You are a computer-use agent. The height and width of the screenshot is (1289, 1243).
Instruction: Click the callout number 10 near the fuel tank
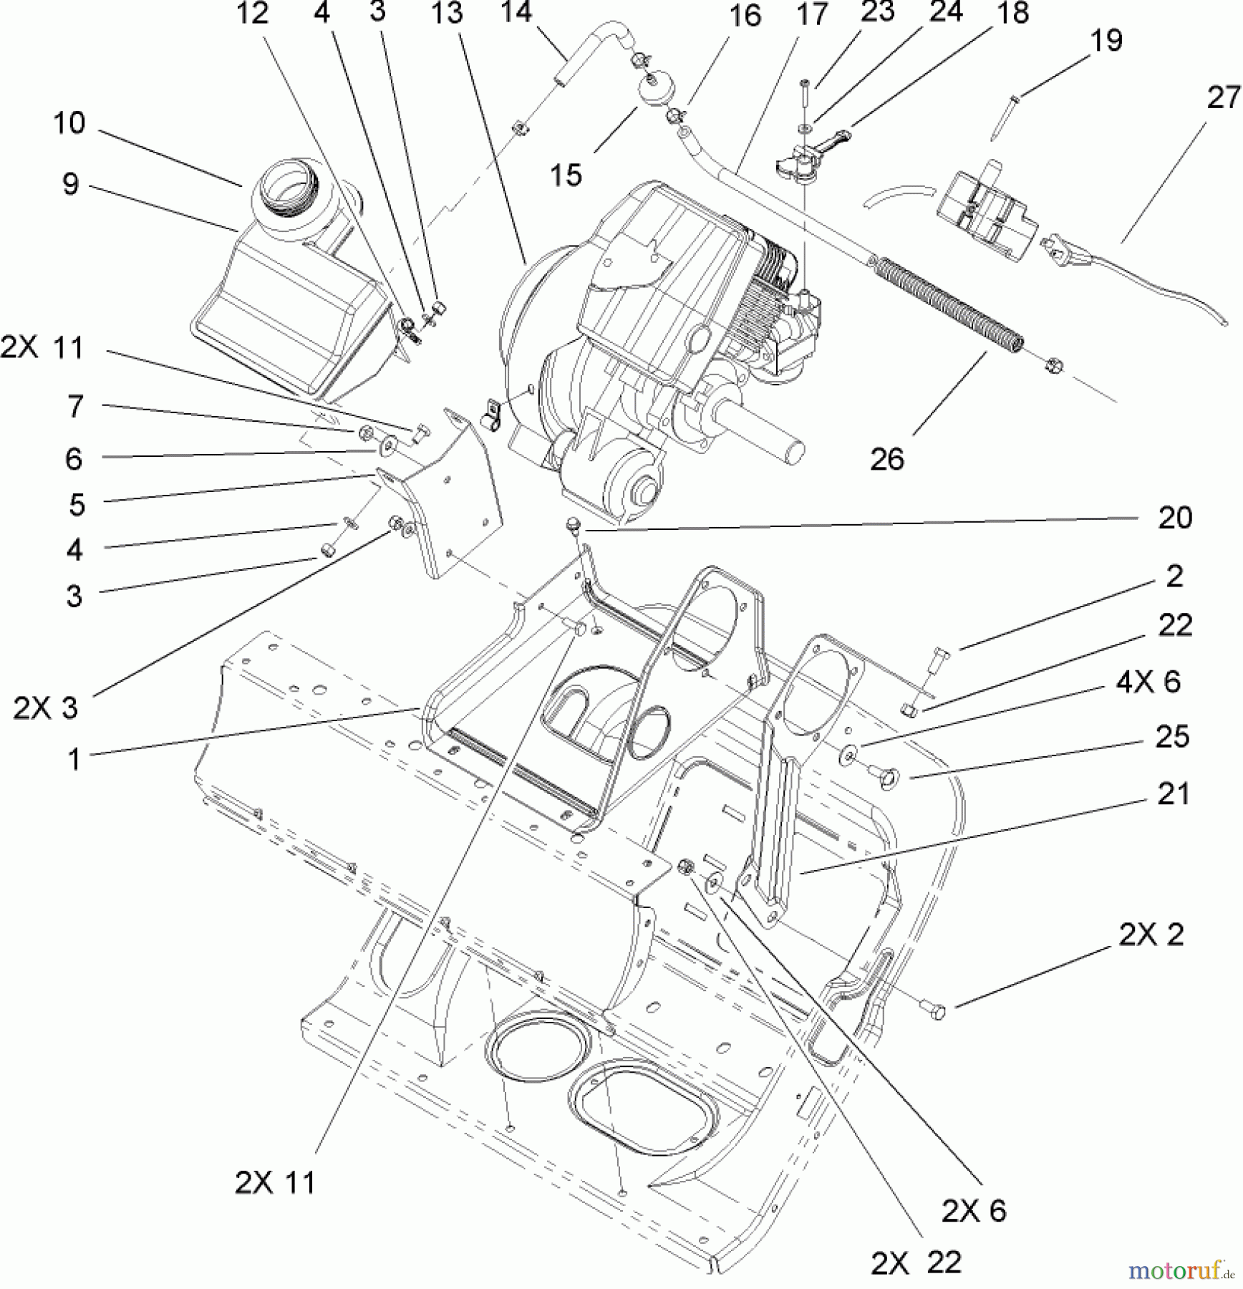point(69,123)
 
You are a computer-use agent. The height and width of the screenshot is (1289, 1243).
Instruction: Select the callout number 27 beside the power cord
point(1223,98)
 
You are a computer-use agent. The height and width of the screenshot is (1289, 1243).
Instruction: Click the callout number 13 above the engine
point(448,13)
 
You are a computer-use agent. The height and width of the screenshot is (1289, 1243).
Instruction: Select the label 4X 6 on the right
point(1148,682)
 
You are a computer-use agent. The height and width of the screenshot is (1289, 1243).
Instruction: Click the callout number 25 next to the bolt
point(1172,737)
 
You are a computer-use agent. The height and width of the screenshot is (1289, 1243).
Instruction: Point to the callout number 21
point(1173,794)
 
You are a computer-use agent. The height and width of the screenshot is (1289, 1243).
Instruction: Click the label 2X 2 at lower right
point(1151,935)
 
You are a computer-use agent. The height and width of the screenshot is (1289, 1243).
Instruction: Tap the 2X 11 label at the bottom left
point(275,1182)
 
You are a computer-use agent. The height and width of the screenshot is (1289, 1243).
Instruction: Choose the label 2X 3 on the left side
point(46,708)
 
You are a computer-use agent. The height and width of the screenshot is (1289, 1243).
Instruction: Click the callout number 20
point(1175,518)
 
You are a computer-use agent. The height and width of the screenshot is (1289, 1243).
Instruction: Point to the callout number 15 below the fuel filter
point(566,174)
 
